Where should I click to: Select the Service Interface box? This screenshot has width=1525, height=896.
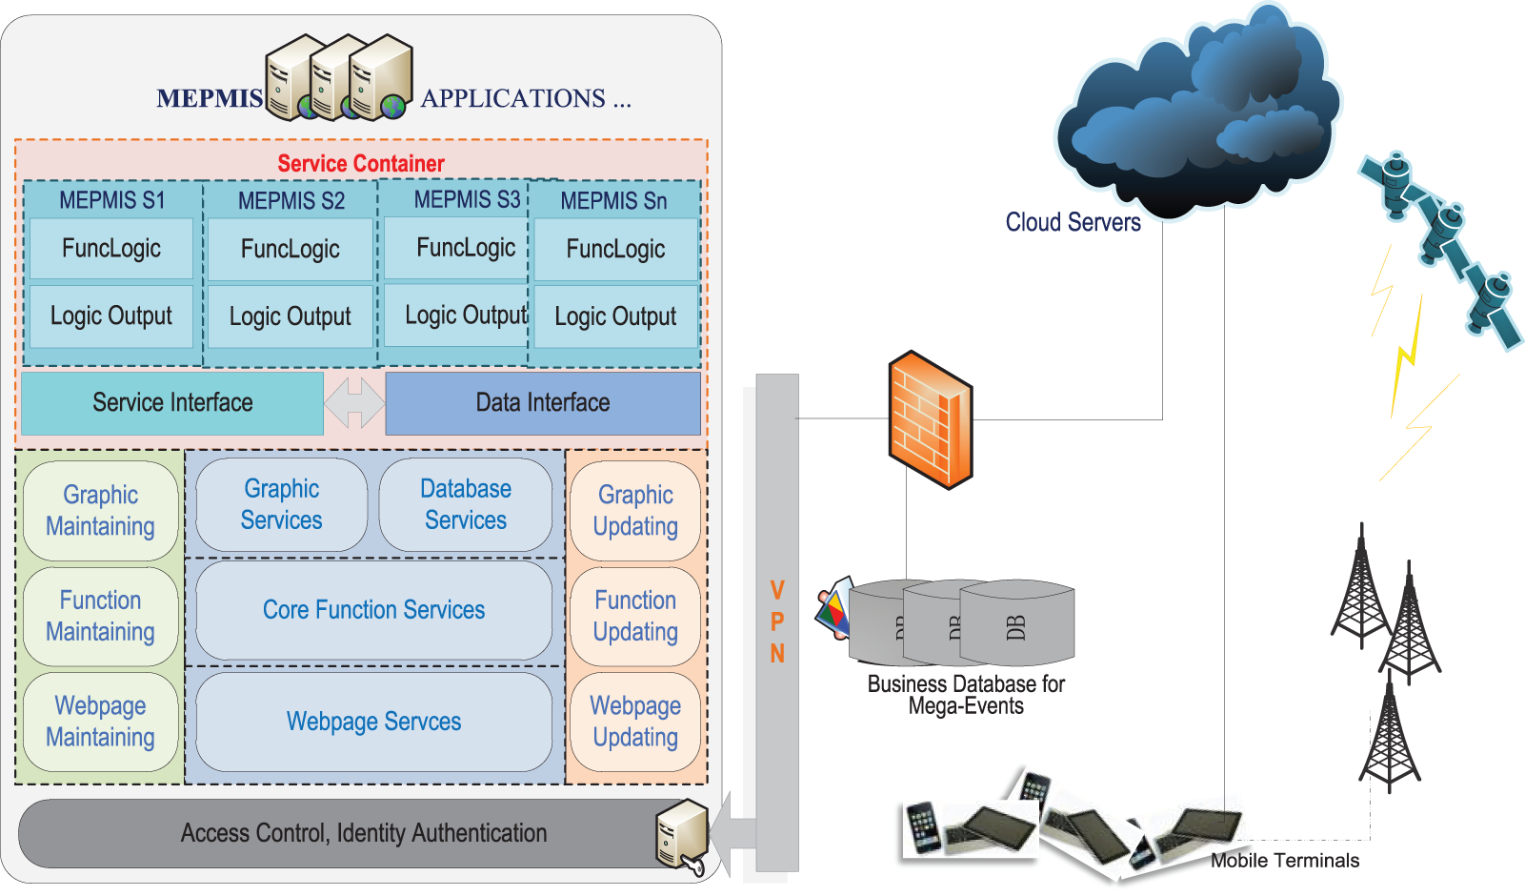click(172, 403)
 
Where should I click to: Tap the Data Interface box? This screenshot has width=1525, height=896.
click(543, 403)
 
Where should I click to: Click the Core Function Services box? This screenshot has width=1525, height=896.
click(373, 610)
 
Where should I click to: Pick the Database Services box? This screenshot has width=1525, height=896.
click(466, 505)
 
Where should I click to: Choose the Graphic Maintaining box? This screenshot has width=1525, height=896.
click(100, 511)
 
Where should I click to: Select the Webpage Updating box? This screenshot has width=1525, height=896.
click(635, 722)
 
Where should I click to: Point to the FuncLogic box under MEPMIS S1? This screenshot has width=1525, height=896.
click(111, 249)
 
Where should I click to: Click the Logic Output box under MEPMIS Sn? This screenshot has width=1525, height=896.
click(615, 316)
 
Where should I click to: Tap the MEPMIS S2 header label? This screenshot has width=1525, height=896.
click(291, 201)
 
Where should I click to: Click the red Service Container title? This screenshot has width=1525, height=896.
click(361, 164)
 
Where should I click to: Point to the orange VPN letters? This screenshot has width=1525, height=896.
click(777, 621)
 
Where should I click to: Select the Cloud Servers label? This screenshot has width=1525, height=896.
click(1073, 222)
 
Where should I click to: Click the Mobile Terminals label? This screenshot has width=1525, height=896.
click(1284, 861)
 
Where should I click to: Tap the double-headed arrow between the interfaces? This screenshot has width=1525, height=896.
click(354, 403)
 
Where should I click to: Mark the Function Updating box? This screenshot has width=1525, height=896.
click(635, 616)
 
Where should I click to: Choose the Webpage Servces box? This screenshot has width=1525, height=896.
click(373, 722)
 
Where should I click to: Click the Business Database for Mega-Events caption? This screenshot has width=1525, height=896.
click(966, 695)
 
